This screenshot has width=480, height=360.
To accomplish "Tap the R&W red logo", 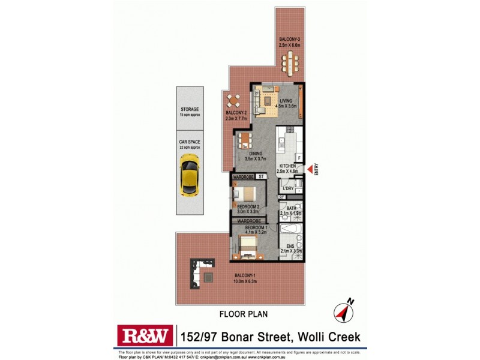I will click(143, 337).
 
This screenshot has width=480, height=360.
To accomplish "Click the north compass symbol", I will click(343, 311).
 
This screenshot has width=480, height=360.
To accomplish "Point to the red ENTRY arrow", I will click(310, 170).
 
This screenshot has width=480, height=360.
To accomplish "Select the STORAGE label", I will click(190, 110).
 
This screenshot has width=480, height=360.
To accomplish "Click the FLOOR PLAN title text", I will click(243, 313).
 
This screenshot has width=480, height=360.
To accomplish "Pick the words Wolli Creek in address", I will click(328, 337).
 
